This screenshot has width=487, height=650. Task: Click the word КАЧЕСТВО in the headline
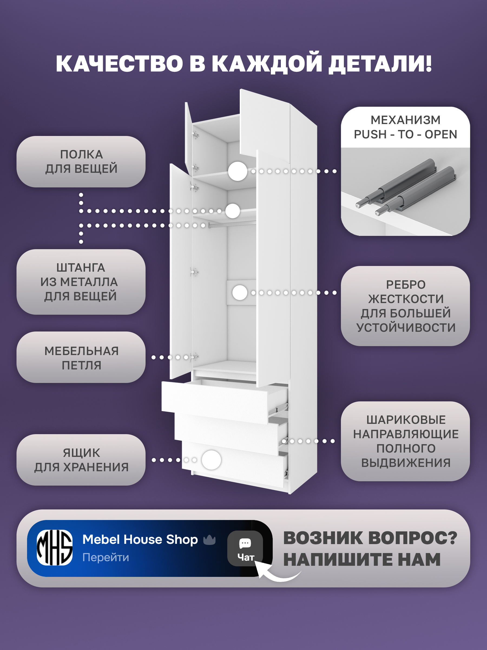pos(120,63)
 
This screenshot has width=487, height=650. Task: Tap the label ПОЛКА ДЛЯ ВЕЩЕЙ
pos(81,162)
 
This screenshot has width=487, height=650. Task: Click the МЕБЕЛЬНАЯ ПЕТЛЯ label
pos(81,358)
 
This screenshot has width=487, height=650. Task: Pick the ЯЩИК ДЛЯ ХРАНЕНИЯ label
pos(81,460)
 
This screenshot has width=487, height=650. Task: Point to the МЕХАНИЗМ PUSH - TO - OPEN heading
pos(405,127)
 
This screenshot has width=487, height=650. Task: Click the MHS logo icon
pos(55,547)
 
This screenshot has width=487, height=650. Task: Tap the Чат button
pos(245,548)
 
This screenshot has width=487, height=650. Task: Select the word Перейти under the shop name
pos(106,557)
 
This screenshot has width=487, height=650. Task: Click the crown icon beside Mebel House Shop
pos(210,539)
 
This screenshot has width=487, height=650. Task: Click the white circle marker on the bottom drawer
pos(211,460)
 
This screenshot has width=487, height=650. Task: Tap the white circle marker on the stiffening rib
pos(239,293)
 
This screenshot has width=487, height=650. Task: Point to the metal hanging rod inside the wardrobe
pos(232,224)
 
